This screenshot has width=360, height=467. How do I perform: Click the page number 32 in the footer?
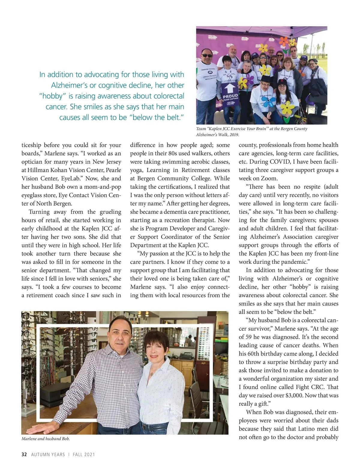pos(24,454)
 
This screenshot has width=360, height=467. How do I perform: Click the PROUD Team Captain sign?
pos(230,96)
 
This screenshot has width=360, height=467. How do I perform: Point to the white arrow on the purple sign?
pos(230,89)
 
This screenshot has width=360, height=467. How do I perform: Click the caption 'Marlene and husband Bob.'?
pos(46,439)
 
